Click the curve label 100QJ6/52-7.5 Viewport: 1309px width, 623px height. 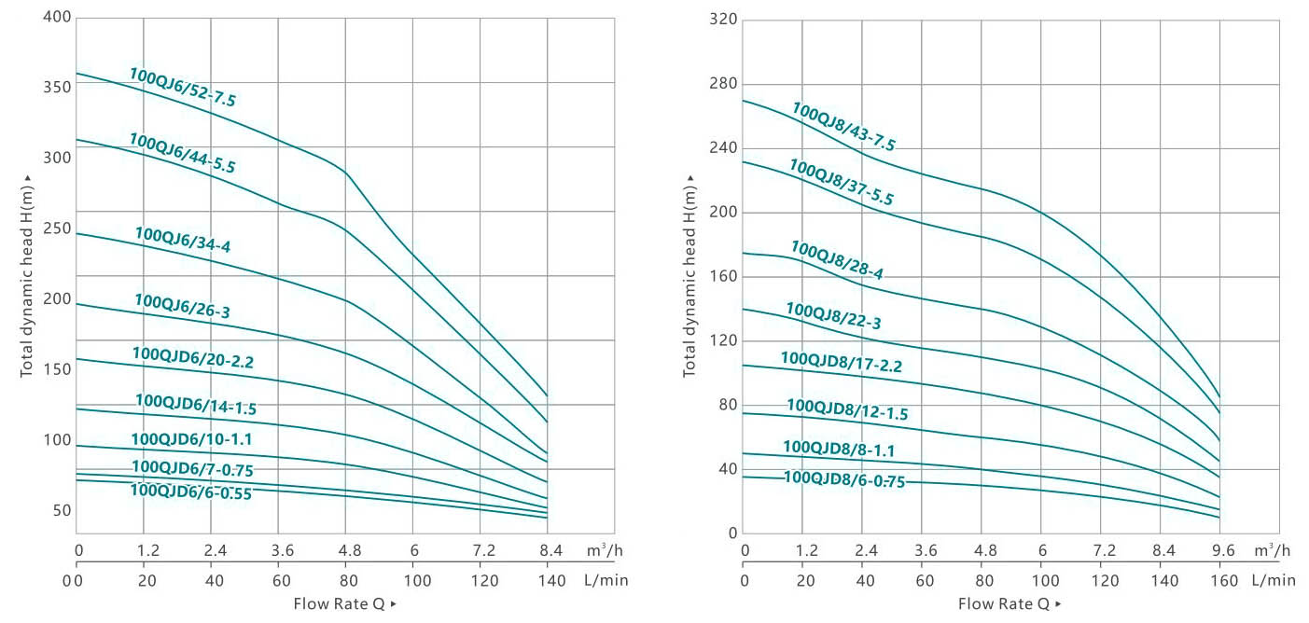click(183, 88)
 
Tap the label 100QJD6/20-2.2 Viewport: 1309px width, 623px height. click(193, 357)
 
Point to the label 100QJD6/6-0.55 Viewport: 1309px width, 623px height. click(191, 491)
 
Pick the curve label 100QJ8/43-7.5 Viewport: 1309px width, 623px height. click(843, 127)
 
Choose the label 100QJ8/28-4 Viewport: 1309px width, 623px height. click(837, 260)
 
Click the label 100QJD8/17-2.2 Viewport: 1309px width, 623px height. click(842, 362)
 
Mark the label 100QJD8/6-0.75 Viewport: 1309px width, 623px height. click(844, 478)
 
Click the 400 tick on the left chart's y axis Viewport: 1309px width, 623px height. click(58, 19)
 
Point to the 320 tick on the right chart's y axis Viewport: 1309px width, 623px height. click(723, 20)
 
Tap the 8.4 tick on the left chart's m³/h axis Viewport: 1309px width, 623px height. click(547, 549)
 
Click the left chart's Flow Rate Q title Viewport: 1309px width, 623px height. click(344, 603)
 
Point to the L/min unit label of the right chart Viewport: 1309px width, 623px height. click(1274, 580)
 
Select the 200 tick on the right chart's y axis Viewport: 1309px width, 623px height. click(723, 212)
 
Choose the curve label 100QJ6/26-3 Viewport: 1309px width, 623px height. click(182, 307)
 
